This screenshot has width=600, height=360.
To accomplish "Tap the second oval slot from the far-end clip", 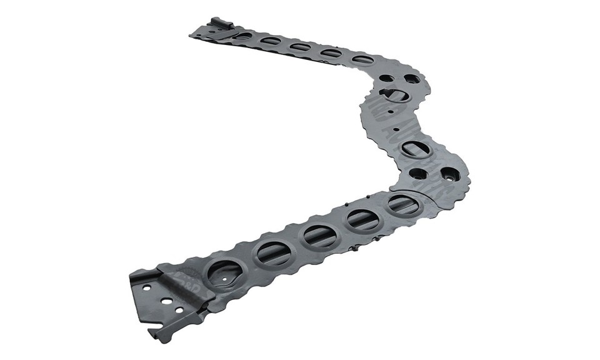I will point(271,41).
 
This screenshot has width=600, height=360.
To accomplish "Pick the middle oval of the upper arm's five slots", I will point(301,47).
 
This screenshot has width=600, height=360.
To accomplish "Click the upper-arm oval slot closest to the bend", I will point(362,60).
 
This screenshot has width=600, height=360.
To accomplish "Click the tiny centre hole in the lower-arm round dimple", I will point(224,273).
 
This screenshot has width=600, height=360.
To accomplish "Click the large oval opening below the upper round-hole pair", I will point(395,94).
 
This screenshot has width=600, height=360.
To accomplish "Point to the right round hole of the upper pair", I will point(412,79).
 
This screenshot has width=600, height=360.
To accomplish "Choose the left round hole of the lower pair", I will point(418,174).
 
